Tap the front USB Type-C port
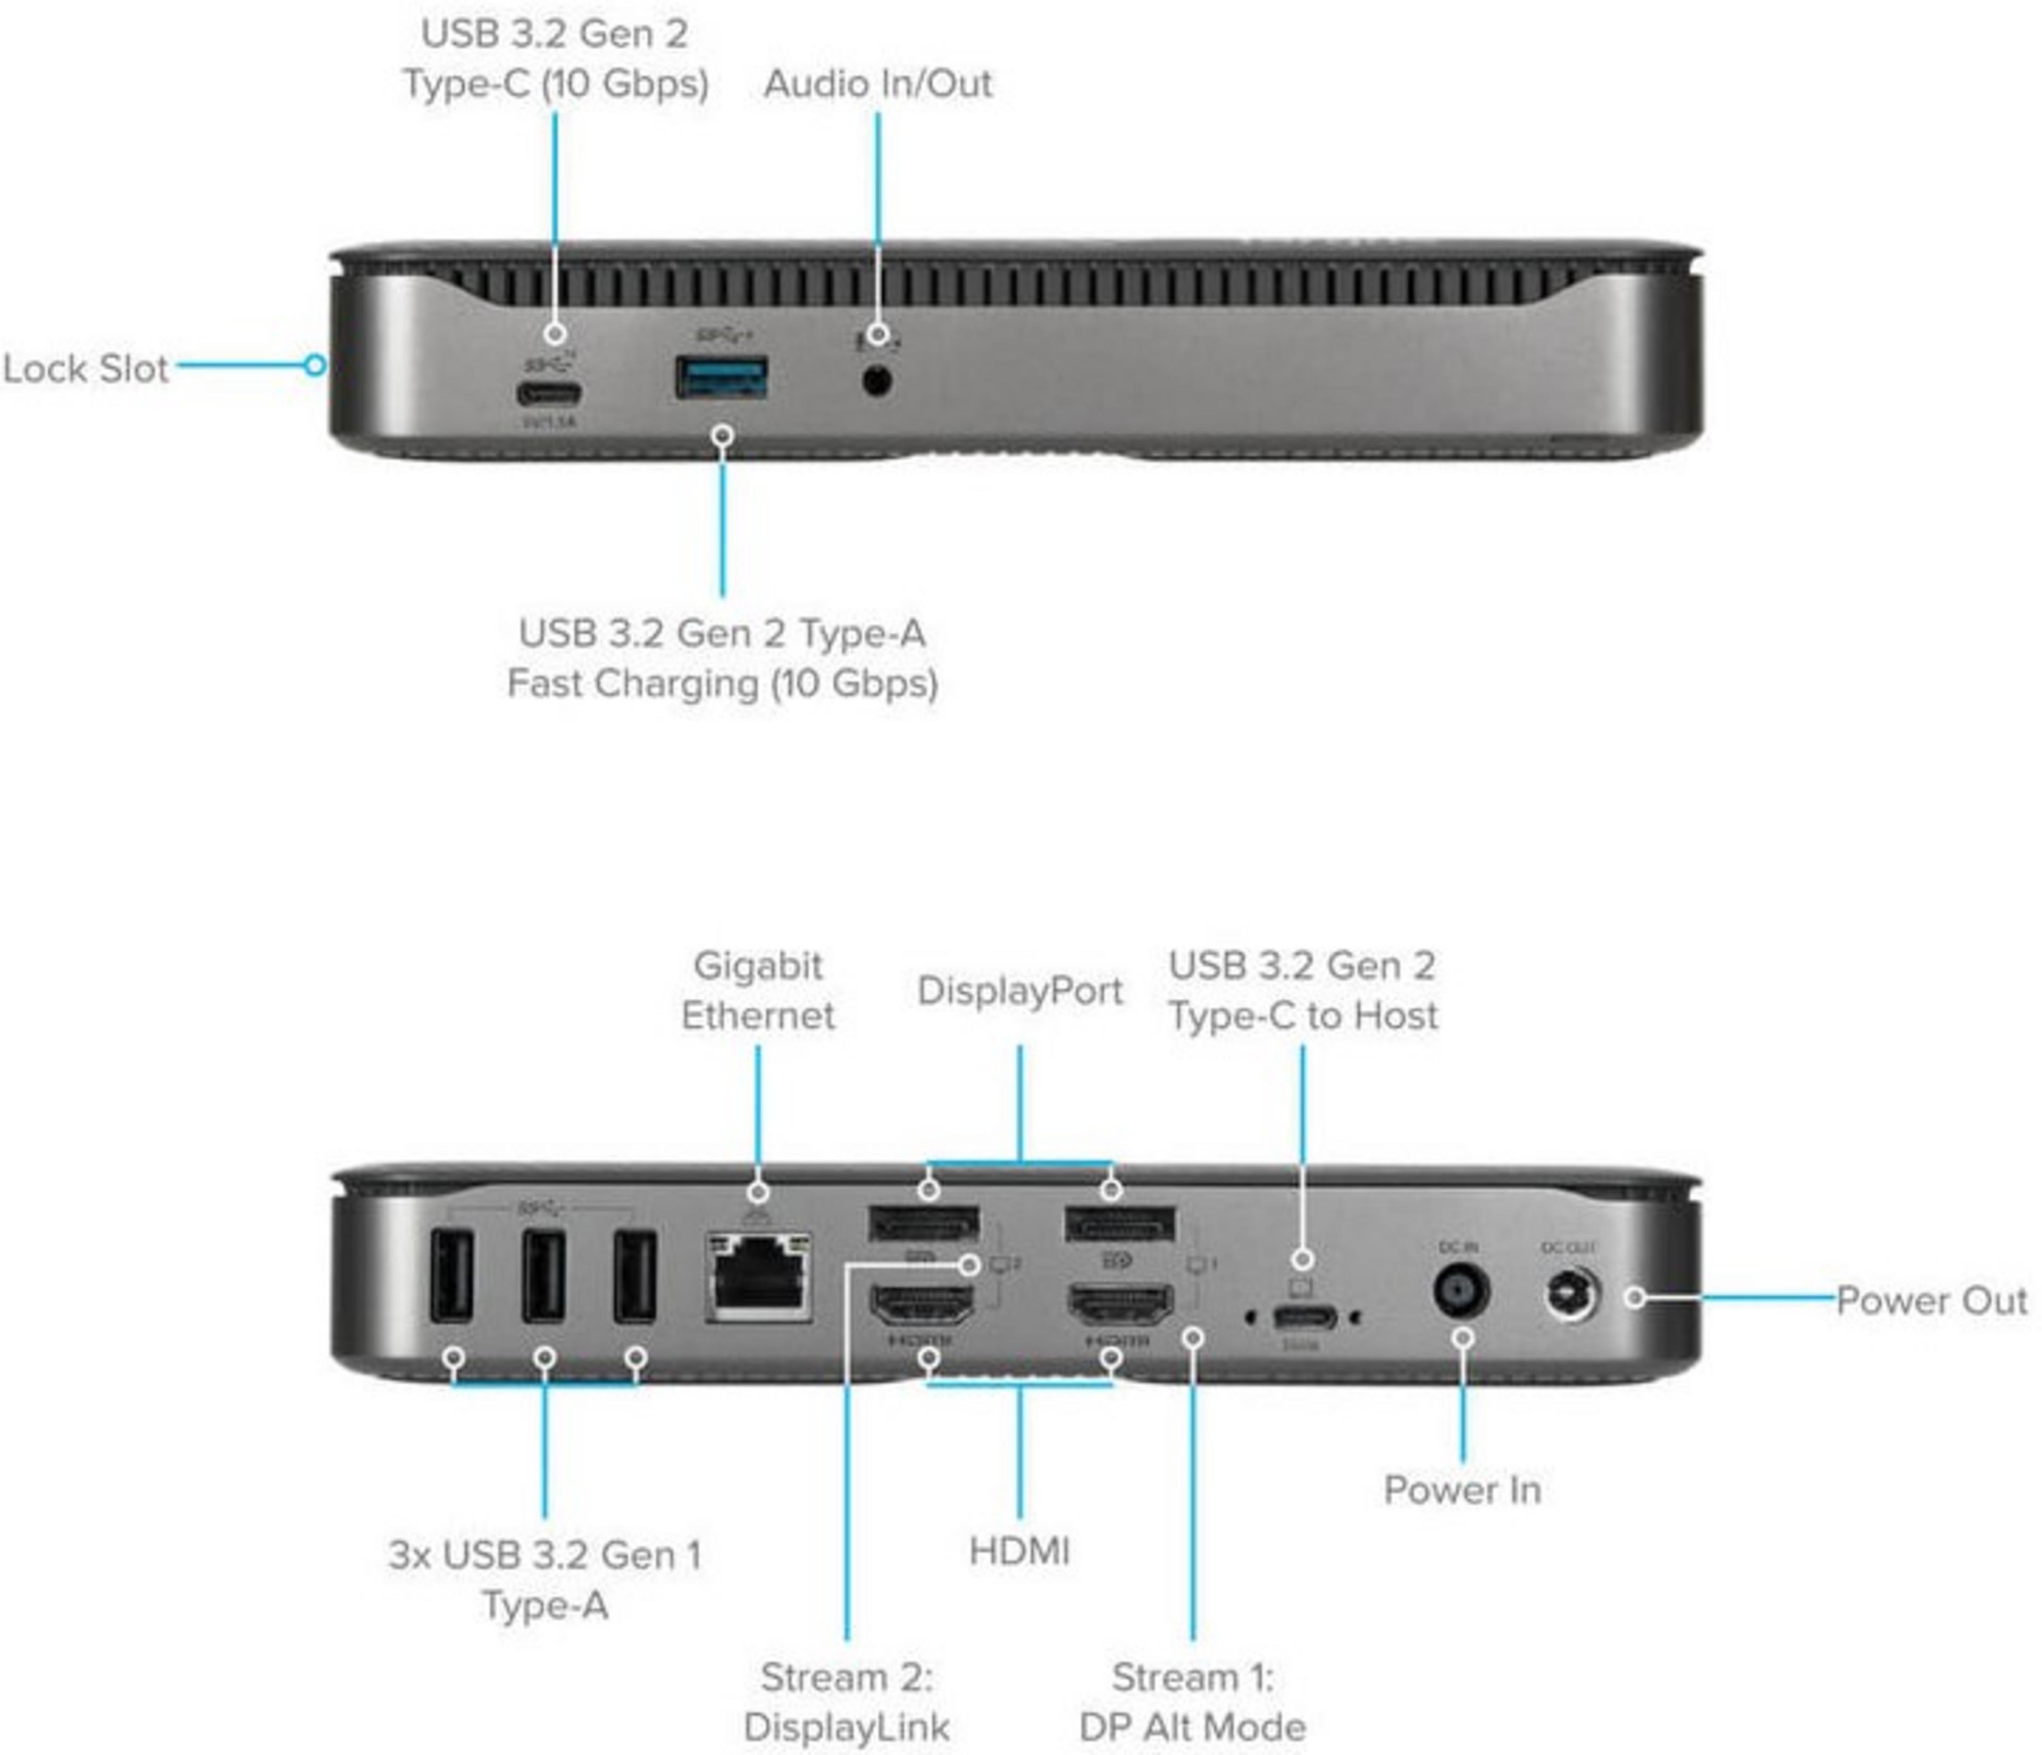(548, 396)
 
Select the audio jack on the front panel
(877, 379)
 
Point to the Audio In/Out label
(877, 83)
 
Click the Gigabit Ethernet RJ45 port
(758, 1275)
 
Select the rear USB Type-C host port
(1303, 1316)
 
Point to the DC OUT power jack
(1571, 1293)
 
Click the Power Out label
(1931, 1301)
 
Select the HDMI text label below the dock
(1019, 1551)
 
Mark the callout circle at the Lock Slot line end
(314, 365)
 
